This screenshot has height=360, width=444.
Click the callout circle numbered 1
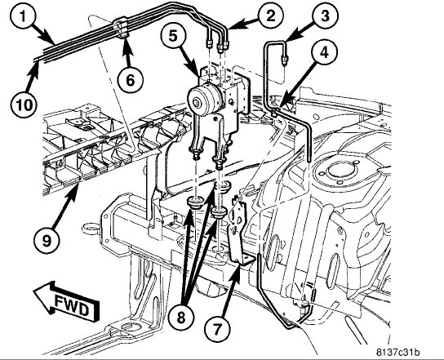23,16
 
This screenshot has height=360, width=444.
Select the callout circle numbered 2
270,16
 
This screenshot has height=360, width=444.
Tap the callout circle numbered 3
325,16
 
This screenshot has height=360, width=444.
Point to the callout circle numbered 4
324,52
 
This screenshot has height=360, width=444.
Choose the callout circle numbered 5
173,37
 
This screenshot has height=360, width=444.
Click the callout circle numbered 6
131,80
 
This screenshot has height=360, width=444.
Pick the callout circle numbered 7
217,329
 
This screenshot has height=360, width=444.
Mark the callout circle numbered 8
181,318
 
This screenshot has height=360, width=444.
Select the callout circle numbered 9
47,241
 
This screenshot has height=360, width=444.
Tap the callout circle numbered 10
24,104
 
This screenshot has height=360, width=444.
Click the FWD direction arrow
67,301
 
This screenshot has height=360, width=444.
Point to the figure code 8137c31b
397,353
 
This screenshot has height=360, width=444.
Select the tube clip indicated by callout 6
121,28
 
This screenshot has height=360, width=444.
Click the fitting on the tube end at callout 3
284,60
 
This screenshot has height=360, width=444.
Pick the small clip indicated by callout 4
276,111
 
